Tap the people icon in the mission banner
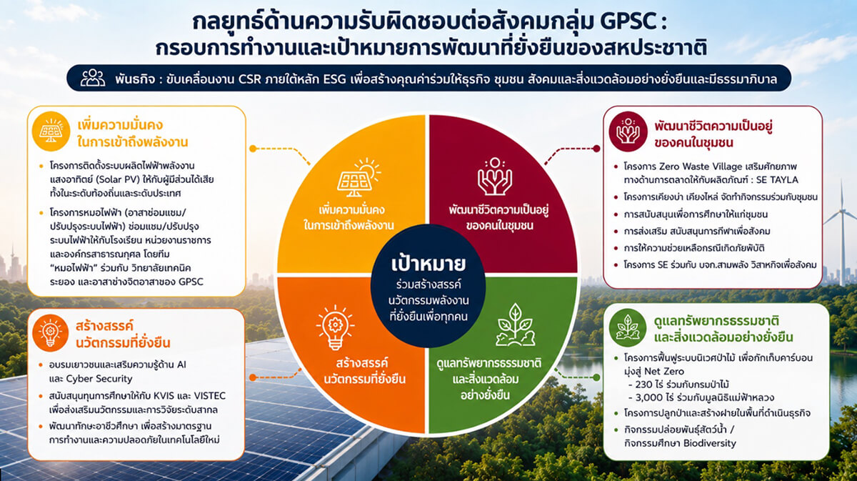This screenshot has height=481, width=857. (x=93, y=78)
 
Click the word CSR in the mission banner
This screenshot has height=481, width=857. (x=249, y=79)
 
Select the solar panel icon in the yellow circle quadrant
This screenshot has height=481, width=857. (x=359, y=177)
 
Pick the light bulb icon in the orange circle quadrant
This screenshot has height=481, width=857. (x=335, y=328)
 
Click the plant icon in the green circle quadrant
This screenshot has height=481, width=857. (x=515, y=325)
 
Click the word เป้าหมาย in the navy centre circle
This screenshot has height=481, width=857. (x=428, y=264)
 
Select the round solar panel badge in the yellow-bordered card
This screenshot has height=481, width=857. (x=51, y=132)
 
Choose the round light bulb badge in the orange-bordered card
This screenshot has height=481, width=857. (x=50, y=333)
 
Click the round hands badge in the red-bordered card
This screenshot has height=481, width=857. (x=628, y=132)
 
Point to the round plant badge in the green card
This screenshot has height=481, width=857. (x=628, y=327)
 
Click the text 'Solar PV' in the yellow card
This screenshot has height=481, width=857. (x=116, y=179)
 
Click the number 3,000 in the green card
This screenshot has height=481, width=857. (x=649, y=397)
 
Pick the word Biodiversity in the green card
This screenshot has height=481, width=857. (x=709, y=443)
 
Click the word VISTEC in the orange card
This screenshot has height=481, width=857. (x=210, y=396)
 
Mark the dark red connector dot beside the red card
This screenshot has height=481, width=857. (x=596, y=149)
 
